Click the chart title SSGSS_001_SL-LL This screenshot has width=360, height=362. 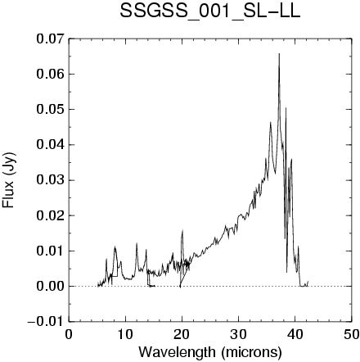(x=210, y=12)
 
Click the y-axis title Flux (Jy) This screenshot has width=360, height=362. (x=8, y=180)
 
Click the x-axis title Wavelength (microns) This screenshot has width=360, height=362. (x=210, y=352)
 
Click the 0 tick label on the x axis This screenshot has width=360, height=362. (x=69, y=335)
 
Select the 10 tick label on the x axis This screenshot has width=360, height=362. (x=125, y=335)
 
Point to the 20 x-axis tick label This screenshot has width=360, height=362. (x=182, y=335)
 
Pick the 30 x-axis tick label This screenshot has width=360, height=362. (x=238, y=335)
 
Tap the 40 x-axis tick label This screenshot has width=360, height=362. (x=295, y=335)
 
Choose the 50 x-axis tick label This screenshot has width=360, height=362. (x=351, y=335)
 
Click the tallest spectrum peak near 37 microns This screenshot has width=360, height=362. (x=279, y=54)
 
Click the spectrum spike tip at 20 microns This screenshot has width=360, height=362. (x=182, y=230)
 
